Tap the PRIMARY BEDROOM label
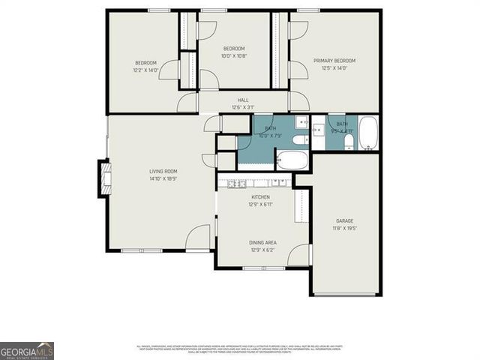point(334,61)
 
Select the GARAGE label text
point(344,220)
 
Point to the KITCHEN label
point(260,197)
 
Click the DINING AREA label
point(262,242)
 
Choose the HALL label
point(243,100)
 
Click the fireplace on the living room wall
point(104,178)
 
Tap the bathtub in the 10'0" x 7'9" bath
point(292,160)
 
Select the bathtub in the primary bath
point(367,133)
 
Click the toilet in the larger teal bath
point(298,139)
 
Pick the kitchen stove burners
point(237,182)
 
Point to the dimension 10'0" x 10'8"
point(234,55)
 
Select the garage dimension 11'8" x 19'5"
point(344,228)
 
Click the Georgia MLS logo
point(27,350)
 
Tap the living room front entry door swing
point(198,238)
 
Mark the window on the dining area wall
point(262,267)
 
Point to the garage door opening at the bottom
point(345,295)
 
